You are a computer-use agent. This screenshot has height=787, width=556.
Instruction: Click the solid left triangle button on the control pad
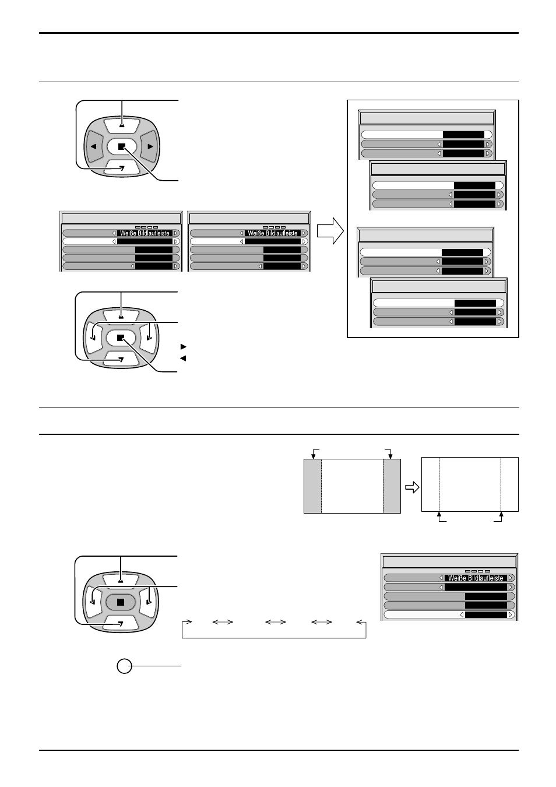[x=93, y=146]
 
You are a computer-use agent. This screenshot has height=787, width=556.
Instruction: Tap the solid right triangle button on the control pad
[x=150, y=146]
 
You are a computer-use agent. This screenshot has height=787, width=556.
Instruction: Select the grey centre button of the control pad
[x=121, y=602]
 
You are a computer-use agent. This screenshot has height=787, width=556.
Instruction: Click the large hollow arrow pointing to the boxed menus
[x=330, y=231]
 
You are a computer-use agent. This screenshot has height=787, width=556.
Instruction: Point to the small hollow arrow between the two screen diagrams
[x=413, y=487]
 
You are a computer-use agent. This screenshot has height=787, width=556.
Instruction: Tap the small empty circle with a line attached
[x=124, y=666]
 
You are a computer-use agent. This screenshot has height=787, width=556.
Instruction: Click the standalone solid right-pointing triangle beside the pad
[x=183, y=347]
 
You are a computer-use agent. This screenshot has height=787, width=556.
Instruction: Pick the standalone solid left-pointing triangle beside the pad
[x=183, y=359]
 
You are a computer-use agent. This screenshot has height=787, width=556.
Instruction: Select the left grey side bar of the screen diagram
[x=312, y=486]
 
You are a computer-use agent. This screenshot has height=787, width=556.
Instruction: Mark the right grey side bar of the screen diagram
[x=392, y=486]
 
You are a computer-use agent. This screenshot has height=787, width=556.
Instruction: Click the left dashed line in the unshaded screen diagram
[x=439, y=484]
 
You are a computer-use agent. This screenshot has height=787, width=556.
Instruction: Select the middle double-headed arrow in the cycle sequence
[x=275, y=622]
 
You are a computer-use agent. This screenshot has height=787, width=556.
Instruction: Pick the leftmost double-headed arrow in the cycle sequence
[x=223, y=622]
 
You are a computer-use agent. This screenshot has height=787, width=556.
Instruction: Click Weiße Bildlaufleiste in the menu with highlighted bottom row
[x=476, y=578]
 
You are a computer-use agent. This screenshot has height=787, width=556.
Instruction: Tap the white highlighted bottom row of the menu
[x=449, y=615]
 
